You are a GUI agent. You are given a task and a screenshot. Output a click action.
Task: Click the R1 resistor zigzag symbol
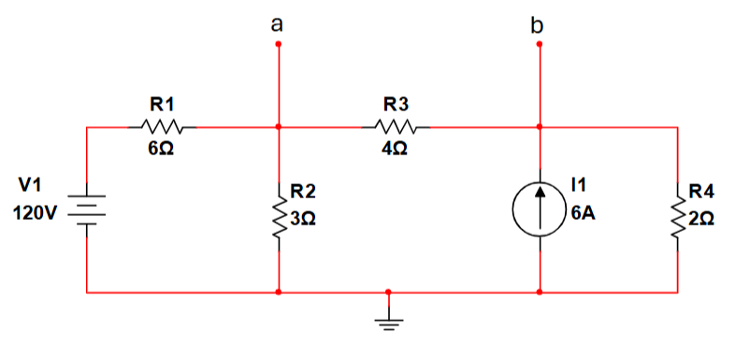click(x=167, y=126)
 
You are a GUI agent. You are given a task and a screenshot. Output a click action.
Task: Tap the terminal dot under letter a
click(x=279, y=43)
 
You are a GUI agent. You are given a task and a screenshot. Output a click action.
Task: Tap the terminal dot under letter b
click(x=540, y=43)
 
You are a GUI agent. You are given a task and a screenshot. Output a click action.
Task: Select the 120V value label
click(x=36, y=213)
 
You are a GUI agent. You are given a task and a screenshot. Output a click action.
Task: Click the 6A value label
click(x=583, y=213)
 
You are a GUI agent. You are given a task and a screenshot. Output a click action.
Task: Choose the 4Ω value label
click(x=394, y=150)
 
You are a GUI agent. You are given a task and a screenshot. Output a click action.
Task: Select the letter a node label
click(x=277, y=24)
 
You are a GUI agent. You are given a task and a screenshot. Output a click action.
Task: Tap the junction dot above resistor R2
click(x=279, y=126)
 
